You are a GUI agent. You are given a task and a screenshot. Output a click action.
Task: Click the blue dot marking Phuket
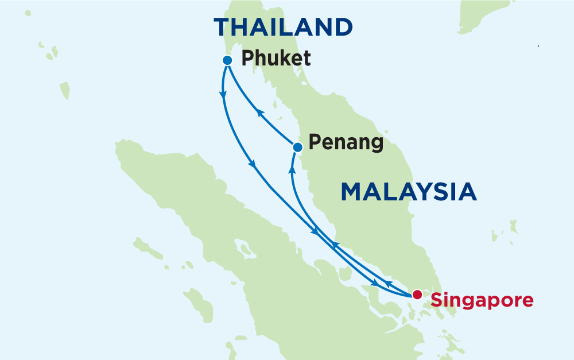pyautogui.click(x=227, y=60)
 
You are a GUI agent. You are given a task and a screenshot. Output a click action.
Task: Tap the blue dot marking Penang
pyautogui.click(x=297, y=148)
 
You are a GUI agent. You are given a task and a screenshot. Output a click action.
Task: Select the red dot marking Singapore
pyautogui.click(x=417, y=295)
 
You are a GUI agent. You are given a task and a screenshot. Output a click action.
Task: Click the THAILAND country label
pyautogui.click(x=283, y=27)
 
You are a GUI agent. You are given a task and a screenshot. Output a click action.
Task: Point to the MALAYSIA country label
pyautogui.click(x=409, y=192)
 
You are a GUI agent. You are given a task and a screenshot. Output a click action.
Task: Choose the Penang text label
pyautogui.click(x=346, y=142)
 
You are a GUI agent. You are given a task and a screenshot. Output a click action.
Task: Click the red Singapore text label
pyautogui.click(x=482, y=300)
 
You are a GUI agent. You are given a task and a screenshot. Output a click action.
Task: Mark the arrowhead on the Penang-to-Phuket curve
pyautogui.click(x=259, y=113)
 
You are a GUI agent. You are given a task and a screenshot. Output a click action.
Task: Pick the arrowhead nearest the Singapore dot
pyautogui.click(x=389, y=284)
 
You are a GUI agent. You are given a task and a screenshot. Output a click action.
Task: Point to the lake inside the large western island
pyautogui.click(x=245, y=250)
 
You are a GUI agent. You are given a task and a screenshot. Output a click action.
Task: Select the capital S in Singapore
pyautogui.click(x=437, y=299)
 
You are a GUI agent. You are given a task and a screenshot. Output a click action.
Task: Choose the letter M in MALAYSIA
pyautogui.click(x=353, y=192)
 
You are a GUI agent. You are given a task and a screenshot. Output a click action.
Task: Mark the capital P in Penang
pyautogui.click(x=313, y=142)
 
